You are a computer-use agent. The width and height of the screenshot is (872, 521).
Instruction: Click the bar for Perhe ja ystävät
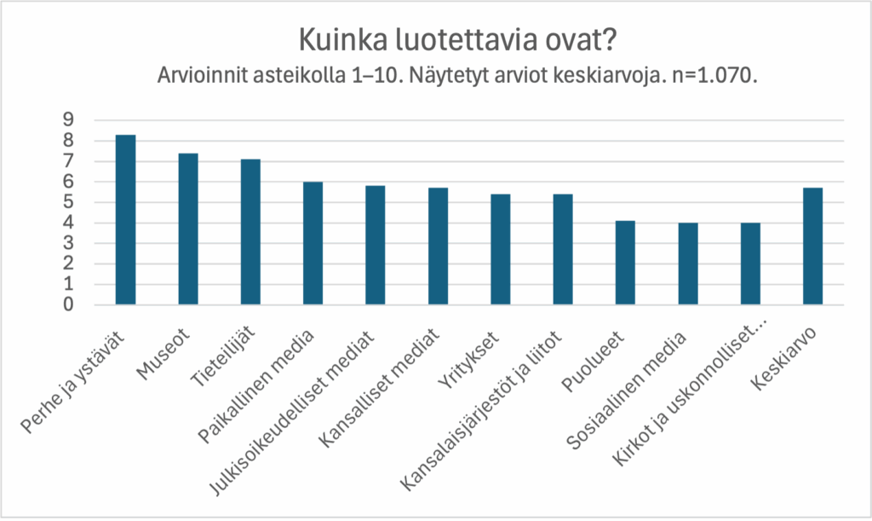click(126, 220)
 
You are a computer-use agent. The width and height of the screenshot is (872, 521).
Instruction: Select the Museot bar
click(188, 229)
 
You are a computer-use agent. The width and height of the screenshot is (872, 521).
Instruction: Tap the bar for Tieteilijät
click(250, 232)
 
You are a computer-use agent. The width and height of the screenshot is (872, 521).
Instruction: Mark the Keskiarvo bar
click(813, 246)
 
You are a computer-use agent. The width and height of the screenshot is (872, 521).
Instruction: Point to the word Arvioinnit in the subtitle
click(197, 75)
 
